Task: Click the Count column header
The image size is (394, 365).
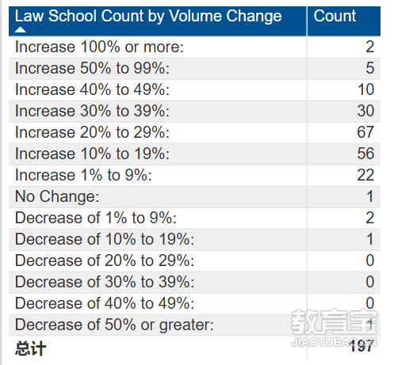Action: (335, 16)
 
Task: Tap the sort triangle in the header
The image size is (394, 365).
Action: (20, 30)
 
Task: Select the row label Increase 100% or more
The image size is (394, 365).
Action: (99, 47)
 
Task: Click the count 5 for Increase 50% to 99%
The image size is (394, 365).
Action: (369, 68)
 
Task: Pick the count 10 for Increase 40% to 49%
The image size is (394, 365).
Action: (366, 89)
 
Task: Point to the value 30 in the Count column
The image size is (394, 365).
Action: (365, 111)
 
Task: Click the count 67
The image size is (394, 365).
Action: (365, 132)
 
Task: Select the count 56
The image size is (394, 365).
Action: (365, 154)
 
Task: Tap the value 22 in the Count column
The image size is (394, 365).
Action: (365, 175)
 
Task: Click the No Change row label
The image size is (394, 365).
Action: (57, 196)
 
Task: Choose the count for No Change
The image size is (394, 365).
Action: (370, 196)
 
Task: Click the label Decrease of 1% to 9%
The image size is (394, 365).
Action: (96, 218)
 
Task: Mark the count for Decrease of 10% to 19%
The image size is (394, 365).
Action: (370, 239)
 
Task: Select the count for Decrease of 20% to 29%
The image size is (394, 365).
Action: (370, 260)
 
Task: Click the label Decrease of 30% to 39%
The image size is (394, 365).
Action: (105, 282)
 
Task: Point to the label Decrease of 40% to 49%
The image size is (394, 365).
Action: (105, 303)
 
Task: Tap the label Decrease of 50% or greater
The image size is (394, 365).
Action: (114, 325)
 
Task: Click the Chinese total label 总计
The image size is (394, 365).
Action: (31, 348)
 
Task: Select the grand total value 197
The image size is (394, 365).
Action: (361, 346)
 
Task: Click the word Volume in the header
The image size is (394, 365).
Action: (196, 16)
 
